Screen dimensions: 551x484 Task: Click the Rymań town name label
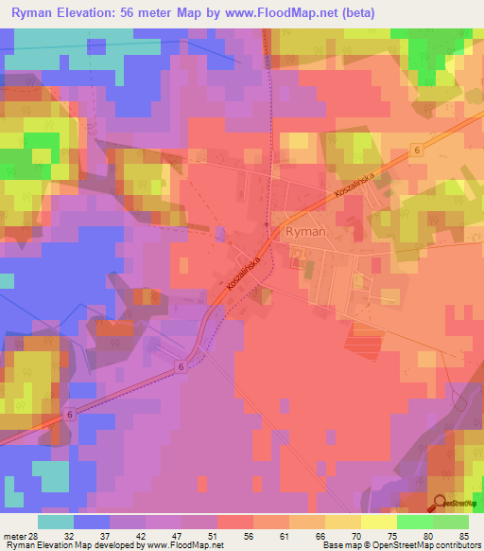coord(306,230)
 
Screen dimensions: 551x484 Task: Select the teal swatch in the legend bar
coord(56,522)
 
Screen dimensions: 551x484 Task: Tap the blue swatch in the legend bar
coord(92,522)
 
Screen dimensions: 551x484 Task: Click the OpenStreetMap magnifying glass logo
coord(440,504)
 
